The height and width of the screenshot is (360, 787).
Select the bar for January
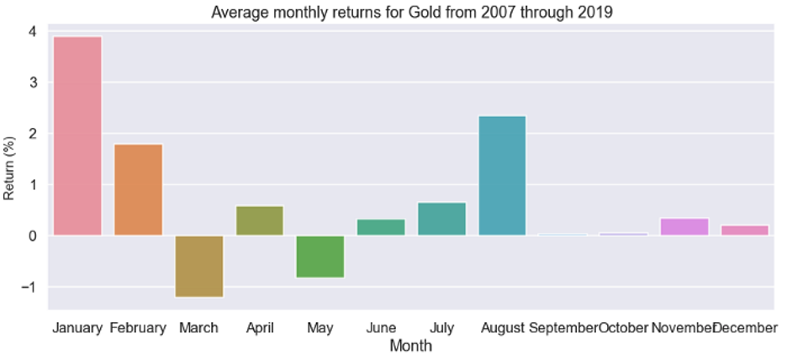click(77, 135)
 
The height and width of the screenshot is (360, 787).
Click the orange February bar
click(138, 189)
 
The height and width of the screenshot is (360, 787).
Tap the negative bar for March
click(199, 266)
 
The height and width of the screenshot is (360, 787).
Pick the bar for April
click(260, 220)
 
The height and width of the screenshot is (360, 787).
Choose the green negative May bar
click(320, 256)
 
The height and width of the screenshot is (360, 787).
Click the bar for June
click(381, 226)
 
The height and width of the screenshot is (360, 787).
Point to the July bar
click(441, 219)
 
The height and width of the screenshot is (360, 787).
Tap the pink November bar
click(684, 226)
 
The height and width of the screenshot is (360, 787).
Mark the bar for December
click(745, 230)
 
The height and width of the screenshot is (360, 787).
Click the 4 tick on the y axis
click(31, 32)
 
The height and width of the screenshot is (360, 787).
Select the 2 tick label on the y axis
click(31, 134)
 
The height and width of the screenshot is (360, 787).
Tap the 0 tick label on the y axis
click(31, 236)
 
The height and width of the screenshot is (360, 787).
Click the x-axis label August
click(503, 327)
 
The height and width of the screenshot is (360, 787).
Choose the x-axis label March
click(198, 327)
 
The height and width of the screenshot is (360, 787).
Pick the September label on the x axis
click(563, 327)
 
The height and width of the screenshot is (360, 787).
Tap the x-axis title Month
click(411, 346)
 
